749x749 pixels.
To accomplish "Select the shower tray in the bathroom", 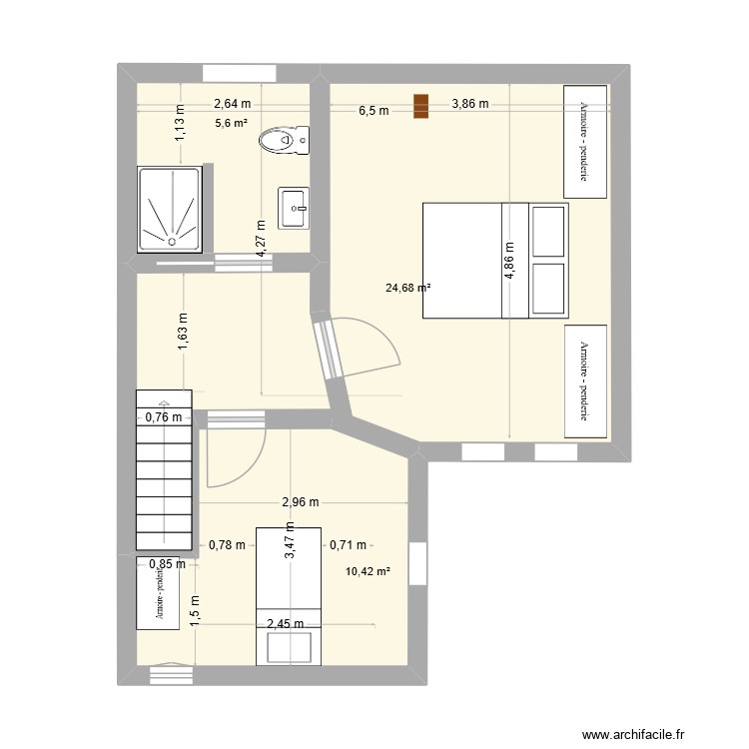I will [x=170, y=208].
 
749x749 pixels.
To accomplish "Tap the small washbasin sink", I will [x=294, y=208].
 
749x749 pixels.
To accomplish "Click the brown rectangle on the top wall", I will [x=421, y=106].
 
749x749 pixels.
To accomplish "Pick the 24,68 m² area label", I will [x=407, y=289].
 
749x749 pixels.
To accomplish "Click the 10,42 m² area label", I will [x=368, y=572].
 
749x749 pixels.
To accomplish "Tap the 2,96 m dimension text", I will [x=300, y=502].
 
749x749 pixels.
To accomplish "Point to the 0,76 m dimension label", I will [x=165, y=418].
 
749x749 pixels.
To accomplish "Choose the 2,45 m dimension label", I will [x=286, y=624].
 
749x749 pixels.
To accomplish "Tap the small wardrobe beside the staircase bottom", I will [x=158, y=593].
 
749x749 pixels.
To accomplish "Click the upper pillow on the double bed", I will [x=547, y=231].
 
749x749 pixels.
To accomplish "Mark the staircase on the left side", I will [x=162, y=469].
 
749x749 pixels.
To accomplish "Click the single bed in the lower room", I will [x=290, y=594].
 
